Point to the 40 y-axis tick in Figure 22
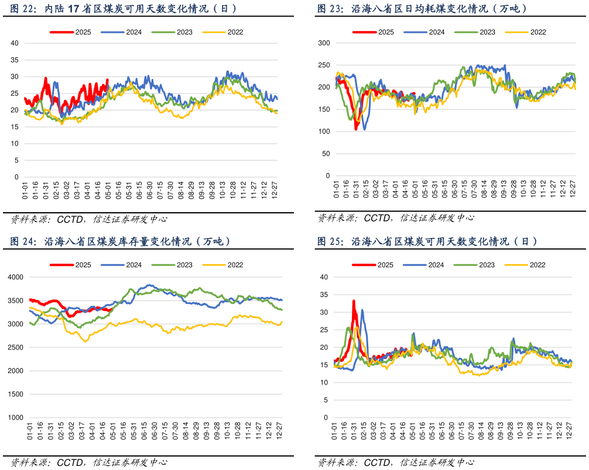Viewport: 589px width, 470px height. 15,43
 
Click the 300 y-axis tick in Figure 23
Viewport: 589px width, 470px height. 324,43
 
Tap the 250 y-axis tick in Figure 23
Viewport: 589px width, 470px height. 324,65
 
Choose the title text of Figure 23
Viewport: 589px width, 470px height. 422,8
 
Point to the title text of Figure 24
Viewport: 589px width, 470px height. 120,241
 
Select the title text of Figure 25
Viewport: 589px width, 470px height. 427,241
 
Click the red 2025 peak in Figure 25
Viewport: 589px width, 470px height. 354,301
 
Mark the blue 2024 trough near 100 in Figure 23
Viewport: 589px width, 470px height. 365,129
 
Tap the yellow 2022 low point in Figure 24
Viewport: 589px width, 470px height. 85,341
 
